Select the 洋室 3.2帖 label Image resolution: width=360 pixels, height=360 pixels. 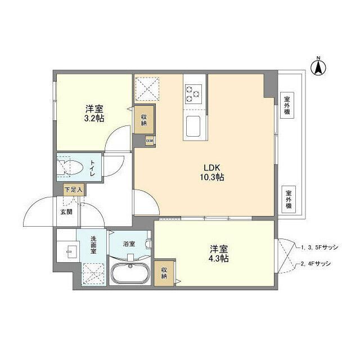94,113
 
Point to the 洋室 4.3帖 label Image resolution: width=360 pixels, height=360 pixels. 219,253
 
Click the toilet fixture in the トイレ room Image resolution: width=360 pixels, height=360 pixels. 73,167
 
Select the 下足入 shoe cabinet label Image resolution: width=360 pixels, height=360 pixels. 73,190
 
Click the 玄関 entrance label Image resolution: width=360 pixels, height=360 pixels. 66,212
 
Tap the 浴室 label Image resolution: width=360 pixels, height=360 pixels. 129,244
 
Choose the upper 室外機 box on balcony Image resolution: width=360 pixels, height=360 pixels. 287,104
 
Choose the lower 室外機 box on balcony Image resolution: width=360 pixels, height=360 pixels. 287,197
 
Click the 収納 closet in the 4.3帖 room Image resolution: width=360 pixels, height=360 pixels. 164,273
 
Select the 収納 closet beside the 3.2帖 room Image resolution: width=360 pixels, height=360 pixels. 144,119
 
